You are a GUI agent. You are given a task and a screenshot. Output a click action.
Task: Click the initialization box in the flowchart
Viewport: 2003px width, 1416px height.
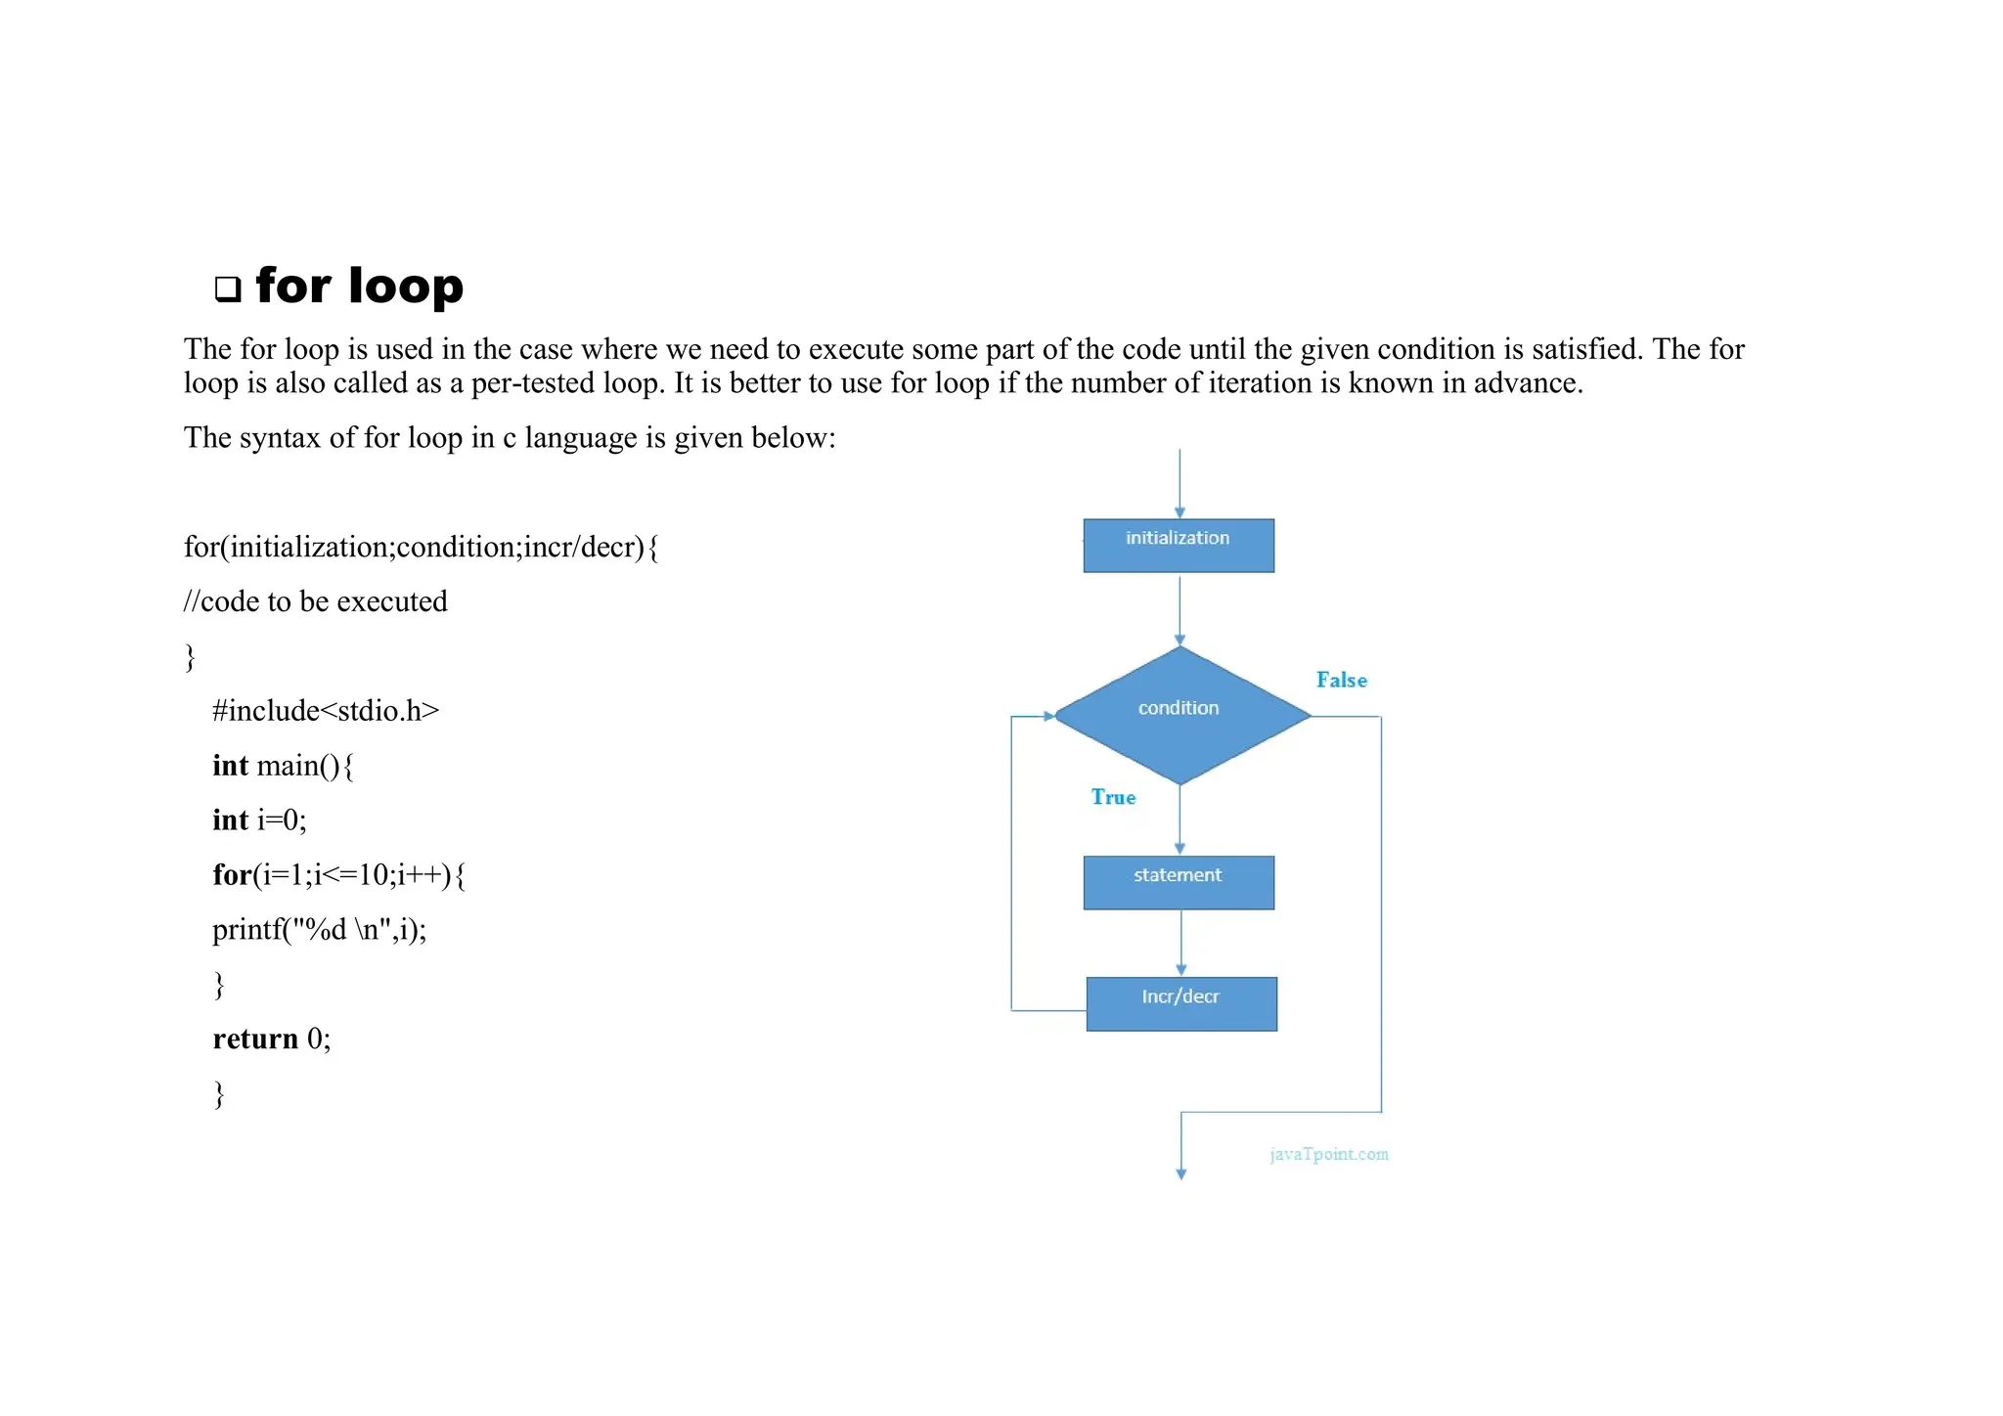coord(1179,545)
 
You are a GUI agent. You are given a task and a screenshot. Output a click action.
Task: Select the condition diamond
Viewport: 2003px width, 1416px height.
coord(1180,715)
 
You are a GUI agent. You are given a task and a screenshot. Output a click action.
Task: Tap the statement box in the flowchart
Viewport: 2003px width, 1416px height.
coord(1179,882)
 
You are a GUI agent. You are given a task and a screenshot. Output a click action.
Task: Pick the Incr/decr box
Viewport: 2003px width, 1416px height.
coord(1181,1003)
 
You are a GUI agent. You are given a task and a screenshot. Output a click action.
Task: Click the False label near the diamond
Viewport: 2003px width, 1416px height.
coord(1341,680)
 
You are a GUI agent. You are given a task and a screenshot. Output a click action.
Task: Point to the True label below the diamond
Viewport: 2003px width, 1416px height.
coord(1113,797)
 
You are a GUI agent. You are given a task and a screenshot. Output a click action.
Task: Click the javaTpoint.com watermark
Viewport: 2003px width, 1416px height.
coord(1328,1154)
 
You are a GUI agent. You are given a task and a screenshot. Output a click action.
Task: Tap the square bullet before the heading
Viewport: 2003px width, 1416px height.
coord(228,288)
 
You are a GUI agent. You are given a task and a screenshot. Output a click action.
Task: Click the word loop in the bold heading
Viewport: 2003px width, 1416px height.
coord(405,286)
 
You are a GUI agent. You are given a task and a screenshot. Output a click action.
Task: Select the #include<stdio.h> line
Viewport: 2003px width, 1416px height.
coord(326,711)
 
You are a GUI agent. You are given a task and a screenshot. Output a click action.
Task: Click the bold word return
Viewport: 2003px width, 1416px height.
coord(255,1039)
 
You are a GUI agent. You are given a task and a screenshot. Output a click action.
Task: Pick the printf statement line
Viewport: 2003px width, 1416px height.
coord(320,929)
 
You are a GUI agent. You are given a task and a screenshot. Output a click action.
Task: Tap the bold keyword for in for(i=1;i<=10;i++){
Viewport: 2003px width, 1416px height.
coord(232,874)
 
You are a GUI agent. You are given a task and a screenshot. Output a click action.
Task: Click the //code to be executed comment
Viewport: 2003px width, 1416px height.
coord(316,601)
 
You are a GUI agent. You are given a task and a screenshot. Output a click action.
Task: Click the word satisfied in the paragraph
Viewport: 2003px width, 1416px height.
coord(1587,349)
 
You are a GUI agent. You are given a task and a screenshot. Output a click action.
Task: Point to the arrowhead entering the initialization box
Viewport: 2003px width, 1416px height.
coord(1180,511)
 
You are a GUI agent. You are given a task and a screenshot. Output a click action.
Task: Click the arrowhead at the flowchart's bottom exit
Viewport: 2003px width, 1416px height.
coord(1181,1173)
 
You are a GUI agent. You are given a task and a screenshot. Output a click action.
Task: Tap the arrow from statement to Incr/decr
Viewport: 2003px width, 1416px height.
coord(1181,943)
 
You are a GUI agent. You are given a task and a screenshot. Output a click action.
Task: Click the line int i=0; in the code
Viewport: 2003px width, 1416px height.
coord(259,819)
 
